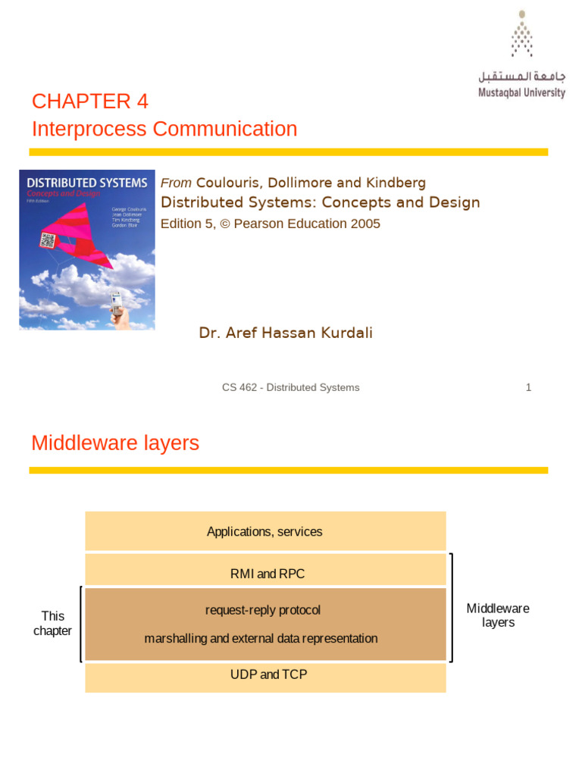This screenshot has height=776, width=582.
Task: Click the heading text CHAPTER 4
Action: click(90, 102)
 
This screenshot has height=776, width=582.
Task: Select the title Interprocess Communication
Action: click(164, 129)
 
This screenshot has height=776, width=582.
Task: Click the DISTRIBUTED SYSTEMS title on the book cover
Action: click(87, 183)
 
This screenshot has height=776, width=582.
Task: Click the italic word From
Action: click(176, 183)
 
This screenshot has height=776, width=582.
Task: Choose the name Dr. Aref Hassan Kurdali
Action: click(286, 333)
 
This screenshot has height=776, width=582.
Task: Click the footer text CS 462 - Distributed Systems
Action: click(290, 387)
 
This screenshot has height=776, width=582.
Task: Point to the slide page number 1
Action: click(528, 387)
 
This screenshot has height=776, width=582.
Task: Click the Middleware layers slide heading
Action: click(115, 443)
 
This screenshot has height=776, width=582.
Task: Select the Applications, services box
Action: click(265, 531)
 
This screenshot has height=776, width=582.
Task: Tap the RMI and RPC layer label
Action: click(268, 574)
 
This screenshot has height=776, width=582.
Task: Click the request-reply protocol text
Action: click(263, 610)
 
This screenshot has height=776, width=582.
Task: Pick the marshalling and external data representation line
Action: click(261, 638)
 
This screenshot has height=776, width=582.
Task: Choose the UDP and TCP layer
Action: click(268, 674)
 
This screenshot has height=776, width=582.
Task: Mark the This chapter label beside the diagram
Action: click(53, 623)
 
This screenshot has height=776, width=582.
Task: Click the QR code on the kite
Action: click(48, 241)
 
